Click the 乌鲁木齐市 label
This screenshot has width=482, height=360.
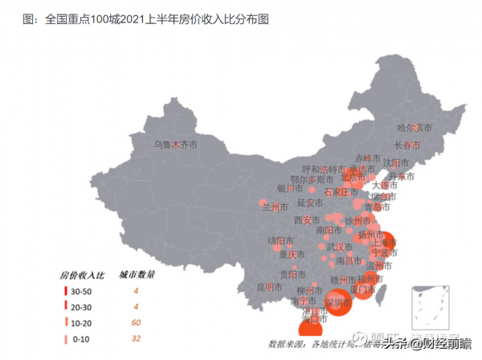click(175, 145)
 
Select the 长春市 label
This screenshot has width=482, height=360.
click(407, 145)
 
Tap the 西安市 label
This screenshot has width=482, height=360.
click(308, 220)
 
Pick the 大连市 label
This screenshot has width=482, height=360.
click(393, 186)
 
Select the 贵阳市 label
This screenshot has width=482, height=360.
click(292, 274)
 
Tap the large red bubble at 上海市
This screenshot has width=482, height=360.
click(383, 240)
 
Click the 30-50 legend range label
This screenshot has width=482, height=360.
click(82, 290)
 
